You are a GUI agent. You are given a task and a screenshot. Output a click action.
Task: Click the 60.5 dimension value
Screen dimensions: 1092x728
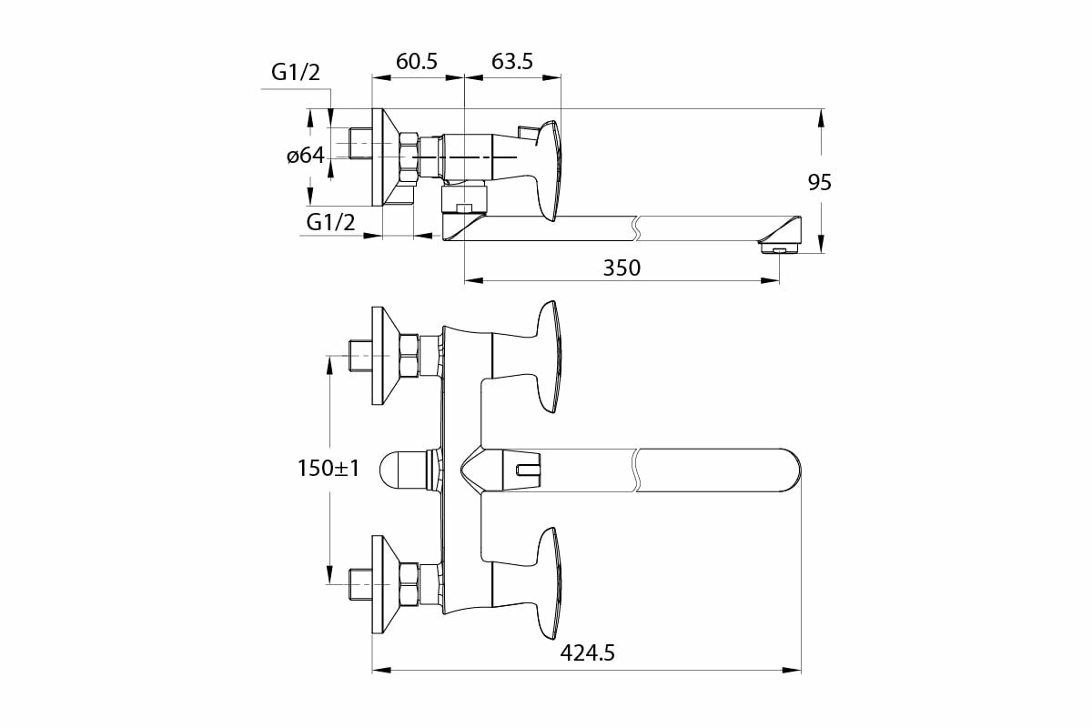point(417,61)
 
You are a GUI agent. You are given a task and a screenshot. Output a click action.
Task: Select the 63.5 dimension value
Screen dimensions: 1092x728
point(511,61)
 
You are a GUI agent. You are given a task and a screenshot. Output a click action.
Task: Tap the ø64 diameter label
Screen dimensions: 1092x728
point(306,156)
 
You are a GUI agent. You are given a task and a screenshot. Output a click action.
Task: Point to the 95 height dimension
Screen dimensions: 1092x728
point(820,182)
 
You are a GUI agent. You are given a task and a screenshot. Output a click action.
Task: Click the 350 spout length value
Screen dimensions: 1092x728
point(622,268)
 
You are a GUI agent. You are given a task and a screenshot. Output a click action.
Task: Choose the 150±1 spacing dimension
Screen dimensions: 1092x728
point(329,469)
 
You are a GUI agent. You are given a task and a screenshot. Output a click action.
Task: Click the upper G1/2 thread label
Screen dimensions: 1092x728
point(296,73)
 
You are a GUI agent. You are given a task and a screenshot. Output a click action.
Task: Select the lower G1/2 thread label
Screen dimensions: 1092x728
point(330,221)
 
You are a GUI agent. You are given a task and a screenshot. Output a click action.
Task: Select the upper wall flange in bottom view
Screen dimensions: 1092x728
point(383,356)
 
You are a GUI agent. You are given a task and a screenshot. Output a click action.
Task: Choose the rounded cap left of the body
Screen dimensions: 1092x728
point(401,470)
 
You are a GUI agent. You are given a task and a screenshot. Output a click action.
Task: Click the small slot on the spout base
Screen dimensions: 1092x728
point(526,470)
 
